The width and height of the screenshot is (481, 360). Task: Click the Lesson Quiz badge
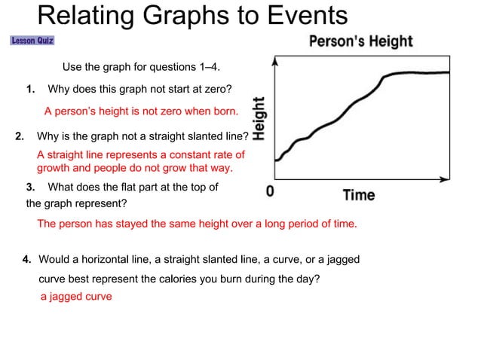[x=32, y=41]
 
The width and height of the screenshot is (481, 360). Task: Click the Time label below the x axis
[x=358, y=195]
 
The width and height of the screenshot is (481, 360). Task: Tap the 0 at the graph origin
[x=270, y=193]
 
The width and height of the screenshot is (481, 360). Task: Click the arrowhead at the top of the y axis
[x=277, y=63]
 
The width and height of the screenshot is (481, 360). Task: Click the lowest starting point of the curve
[x=277, y=160]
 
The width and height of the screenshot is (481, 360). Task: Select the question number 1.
[x=31, y=90]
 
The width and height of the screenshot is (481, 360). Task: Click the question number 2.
[x=20, y=137]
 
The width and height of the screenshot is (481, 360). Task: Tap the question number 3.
[x=31, y=187]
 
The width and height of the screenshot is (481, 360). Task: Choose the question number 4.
[x=26, y=259]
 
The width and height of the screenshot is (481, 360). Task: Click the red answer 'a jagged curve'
[x=76, y=297]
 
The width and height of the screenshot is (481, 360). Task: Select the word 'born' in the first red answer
[x=224, y=111]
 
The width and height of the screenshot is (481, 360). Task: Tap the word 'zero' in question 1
[x=207, y=90]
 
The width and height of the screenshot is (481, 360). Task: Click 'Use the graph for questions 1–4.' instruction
[x=141, y=67]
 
